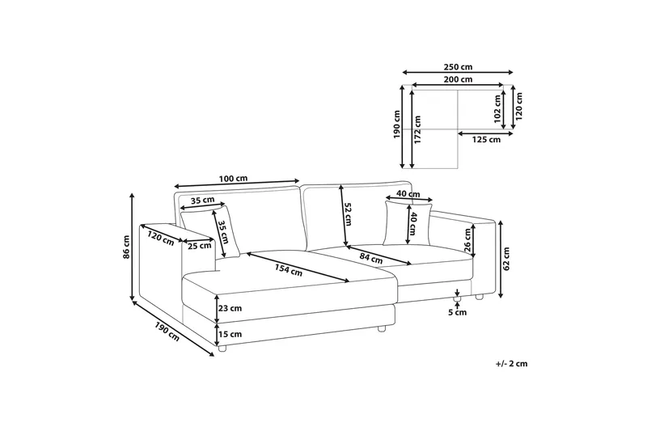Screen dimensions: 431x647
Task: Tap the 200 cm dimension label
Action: click(458, 80)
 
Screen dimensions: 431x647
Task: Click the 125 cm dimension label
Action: click(485, 139)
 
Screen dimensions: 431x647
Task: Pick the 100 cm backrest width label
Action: click(233, 178)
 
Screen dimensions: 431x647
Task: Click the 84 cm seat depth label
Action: click(371, 258)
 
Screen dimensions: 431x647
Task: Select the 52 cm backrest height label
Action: click(348, 217)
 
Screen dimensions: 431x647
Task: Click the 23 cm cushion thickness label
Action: click(229, 307)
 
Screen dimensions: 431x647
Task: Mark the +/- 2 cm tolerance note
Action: click(510, 365)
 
